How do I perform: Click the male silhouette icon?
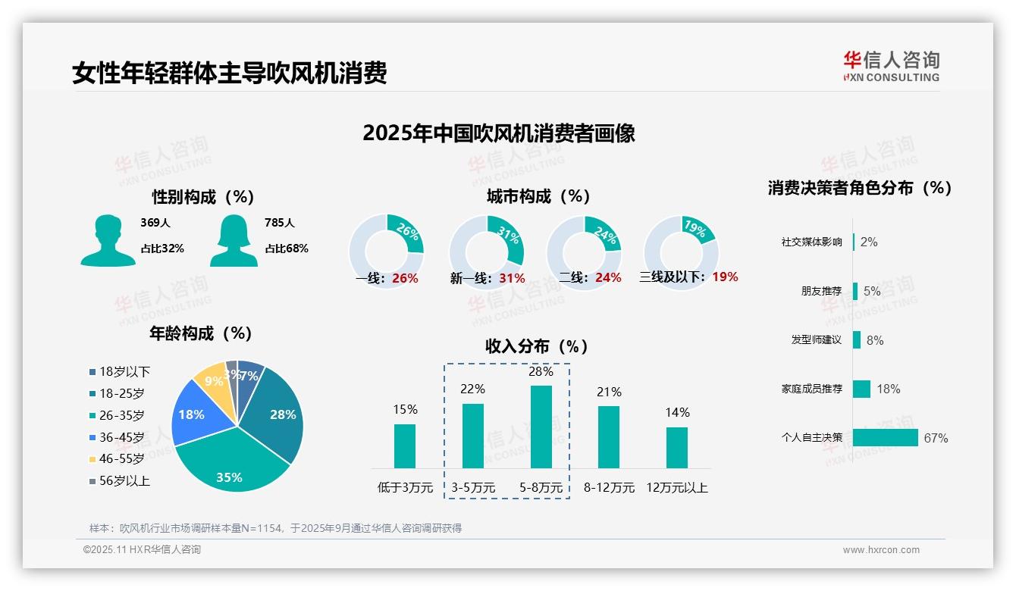(108, 241)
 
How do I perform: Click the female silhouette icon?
(234, 241)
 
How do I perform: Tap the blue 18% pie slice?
(191, 415)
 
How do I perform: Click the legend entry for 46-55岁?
(121, 459)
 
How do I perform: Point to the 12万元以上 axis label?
(676, 488)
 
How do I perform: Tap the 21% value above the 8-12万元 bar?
(609, 392)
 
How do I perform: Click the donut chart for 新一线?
(487, 252)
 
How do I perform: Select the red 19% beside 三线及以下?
(725, 277)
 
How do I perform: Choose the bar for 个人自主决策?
(885, 437)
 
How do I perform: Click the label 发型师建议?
(816, 339)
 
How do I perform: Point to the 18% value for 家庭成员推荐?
(889, 389)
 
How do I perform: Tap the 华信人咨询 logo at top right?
(891, 66)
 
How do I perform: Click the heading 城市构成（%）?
(538, 196)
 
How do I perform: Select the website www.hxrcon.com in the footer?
(881, 550)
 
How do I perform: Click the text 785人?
(280, 223)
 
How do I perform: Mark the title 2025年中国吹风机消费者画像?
(499, 133)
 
